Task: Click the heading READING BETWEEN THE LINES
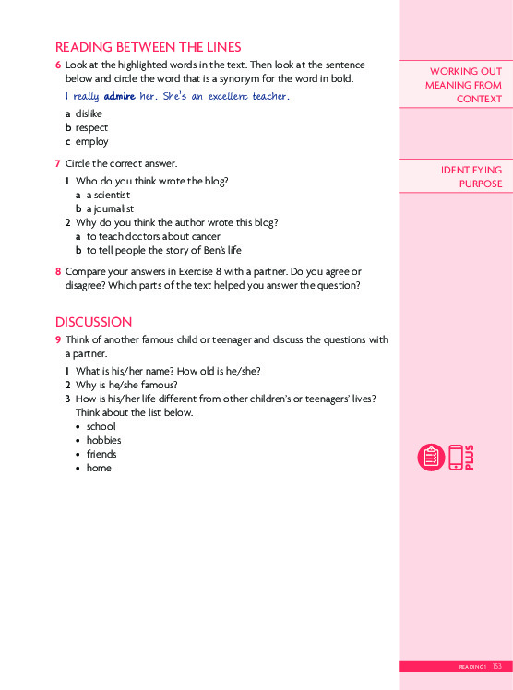[x=148, y=47]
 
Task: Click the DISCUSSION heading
[x=93, y=322]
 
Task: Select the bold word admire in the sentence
[x=120, y=96]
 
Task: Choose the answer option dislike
[x=89, y=113]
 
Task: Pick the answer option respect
[x=91, y=127]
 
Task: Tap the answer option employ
[x=91, y=141]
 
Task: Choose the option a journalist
[x=110, y=209]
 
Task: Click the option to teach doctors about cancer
[x=153, y=236]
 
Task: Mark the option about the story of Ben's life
[x=164, y=250]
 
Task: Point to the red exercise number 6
[x=58, y=65]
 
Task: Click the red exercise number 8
[x=58, y=272]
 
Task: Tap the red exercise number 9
[x=58, y=340]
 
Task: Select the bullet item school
[x=101, y=426]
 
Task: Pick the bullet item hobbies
[x=103, y=440]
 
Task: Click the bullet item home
[x=99, y=468]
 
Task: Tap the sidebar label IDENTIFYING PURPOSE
[x=471, y=177]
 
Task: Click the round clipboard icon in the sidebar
[x=431, y=458]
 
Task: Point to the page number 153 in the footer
[x=497, y=666]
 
